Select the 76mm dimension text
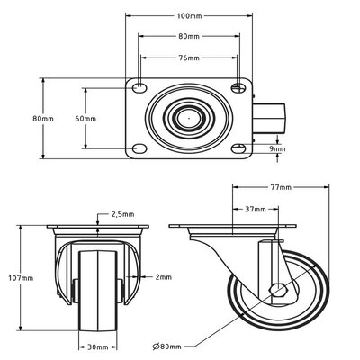pos(188,60)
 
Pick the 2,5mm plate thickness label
pos(122,216)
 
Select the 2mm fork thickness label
pos(162,276)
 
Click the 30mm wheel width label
pos(98,346)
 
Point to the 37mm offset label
pos(254,210)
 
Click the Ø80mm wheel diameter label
pos(166,346)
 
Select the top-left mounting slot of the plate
pos(139,87)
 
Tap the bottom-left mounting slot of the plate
pos(139,148)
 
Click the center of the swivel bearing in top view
pos(188,118)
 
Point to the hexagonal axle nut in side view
pos(280,290)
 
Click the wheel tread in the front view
pos(97,288)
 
